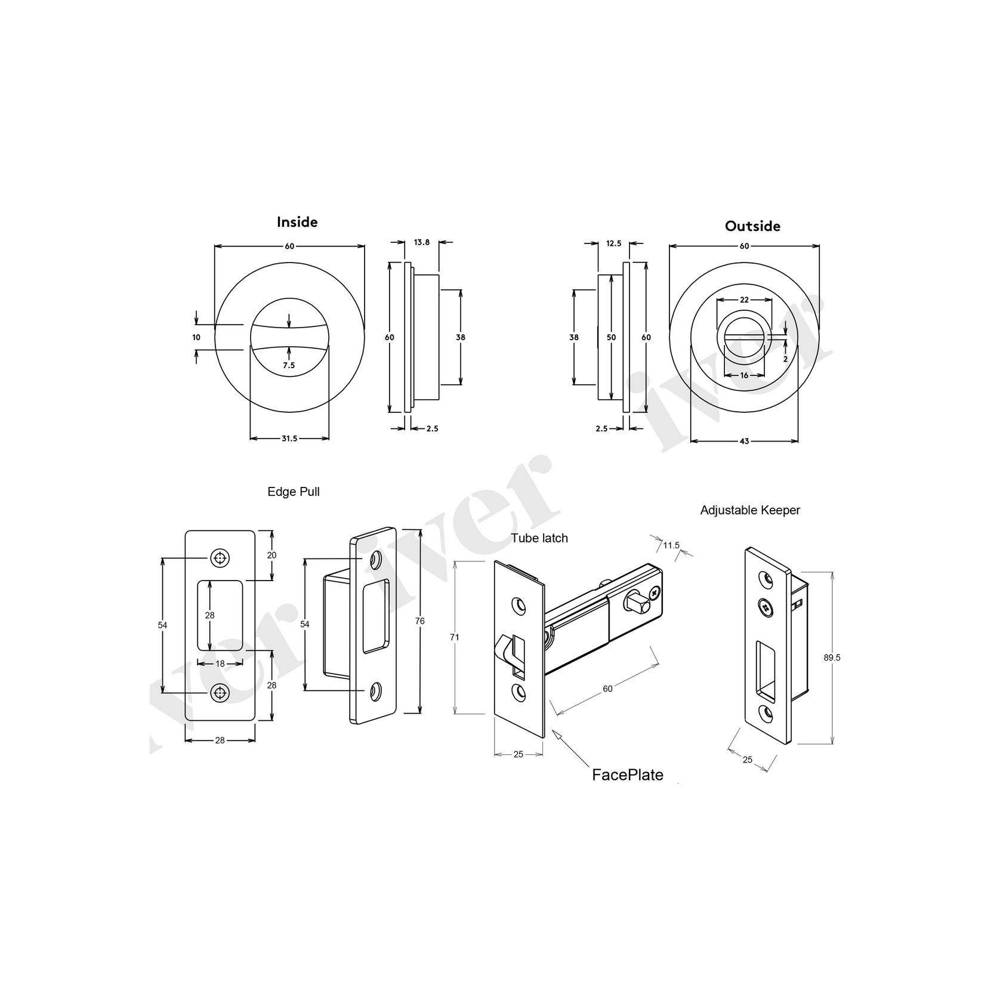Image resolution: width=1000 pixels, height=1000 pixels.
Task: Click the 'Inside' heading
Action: click(x=297, y=222)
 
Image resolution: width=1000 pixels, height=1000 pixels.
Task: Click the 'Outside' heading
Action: click(x=752, y=226)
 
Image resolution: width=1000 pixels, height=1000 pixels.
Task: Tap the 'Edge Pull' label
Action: click(x=294, y=492)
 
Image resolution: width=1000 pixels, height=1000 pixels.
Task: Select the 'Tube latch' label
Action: click(x=539, y=538)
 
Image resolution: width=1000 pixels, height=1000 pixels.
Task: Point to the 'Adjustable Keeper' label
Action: click(x=750, y=510)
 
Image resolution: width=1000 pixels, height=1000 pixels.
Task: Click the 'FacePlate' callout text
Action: click(x=627, y=775)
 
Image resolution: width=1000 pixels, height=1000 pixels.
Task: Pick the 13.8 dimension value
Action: click(x=421, y=242)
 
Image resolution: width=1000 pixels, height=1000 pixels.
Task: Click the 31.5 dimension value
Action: click(x=289, y=439)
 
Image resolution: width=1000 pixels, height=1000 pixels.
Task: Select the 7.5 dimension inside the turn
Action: click(x=289, y=366)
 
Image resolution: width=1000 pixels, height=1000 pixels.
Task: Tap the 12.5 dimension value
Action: click(x=613, y=243)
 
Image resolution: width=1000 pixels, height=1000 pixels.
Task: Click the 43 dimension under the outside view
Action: click(x=744, y=441)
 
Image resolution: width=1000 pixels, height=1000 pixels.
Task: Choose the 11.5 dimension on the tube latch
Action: click(x=671, y=545)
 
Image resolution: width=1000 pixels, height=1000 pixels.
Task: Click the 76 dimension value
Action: click(x=419, y=621)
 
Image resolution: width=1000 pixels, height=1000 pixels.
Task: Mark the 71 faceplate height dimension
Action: click(x=455, y=637)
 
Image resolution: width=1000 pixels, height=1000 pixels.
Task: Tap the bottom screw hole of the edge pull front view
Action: click(x=220, y=692)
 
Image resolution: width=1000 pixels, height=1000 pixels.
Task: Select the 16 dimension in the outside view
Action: click(x=744, y=375)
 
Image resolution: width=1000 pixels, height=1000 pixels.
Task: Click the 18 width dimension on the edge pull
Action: click(x=220, y=663)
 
